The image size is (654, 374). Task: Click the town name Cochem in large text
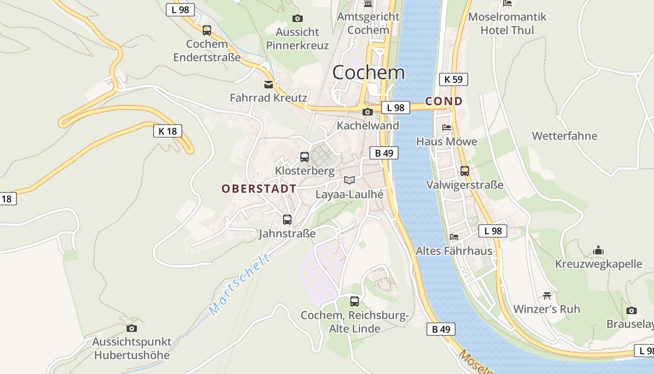tap(369, 72)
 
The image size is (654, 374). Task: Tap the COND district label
tap(444, 101)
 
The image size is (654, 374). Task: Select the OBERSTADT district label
tap(259, 189)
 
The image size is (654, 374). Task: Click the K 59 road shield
tap(453, 79)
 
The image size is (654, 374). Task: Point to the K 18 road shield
tap(168, 131)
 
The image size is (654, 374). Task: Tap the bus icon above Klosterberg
tap(305, 157)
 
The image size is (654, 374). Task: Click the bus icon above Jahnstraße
tap(287, 220)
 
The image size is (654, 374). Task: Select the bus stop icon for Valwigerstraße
tap(464, 171)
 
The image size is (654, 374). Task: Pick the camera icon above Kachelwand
tap(368, 112)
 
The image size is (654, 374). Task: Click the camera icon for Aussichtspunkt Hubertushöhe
tap(132, 329)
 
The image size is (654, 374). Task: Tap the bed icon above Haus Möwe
tap(447, 128)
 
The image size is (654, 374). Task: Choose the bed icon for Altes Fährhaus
tap(454, 237)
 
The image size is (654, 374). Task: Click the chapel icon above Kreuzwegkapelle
tap(598, 251)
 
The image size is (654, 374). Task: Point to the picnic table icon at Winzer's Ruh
tap(547, 295)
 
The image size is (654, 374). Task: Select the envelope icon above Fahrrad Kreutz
tap(269, 85)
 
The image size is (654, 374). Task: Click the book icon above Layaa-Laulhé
tap(349, 180)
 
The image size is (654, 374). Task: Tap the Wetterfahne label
tap(564, 136)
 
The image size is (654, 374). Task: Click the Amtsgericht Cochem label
tap(368, 23)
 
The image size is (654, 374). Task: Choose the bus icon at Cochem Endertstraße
tap(206, 30)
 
